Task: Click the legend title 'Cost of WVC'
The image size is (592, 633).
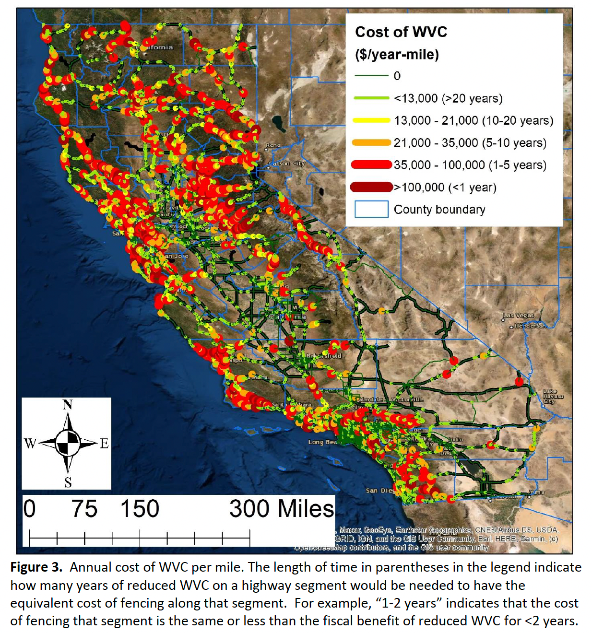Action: (401, 32)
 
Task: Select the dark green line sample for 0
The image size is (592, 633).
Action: (371, 76)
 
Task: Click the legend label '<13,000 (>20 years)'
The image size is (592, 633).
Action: (448, 98)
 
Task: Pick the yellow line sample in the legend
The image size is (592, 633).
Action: (371, 120)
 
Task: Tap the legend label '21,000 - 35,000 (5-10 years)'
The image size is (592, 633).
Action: (470, 143)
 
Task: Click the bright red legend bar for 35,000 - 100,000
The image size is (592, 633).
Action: (371, 165)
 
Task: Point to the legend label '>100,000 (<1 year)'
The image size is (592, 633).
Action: (445, 188)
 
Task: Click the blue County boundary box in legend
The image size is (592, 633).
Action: (371, 209)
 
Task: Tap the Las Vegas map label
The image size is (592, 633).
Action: (518, 316)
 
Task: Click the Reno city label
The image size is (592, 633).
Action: (273, 145)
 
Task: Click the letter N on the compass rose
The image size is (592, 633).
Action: (68, 405)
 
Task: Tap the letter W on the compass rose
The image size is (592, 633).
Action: (30, 443)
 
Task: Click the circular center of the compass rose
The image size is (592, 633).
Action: (68, 443)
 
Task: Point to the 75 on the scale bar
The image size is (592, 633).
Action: (84, 509)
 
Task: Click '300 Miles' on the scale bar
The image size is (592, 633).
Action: (281, 509)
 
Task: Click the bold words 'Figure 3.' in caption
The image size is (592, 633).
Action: (36, 567)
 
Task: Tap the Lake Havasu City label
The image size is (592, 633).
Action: (553, 397)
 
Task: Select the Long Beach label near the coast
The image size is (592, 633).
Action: (322, 442)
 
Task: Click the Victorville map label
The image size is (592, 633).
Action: (407, 399)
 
